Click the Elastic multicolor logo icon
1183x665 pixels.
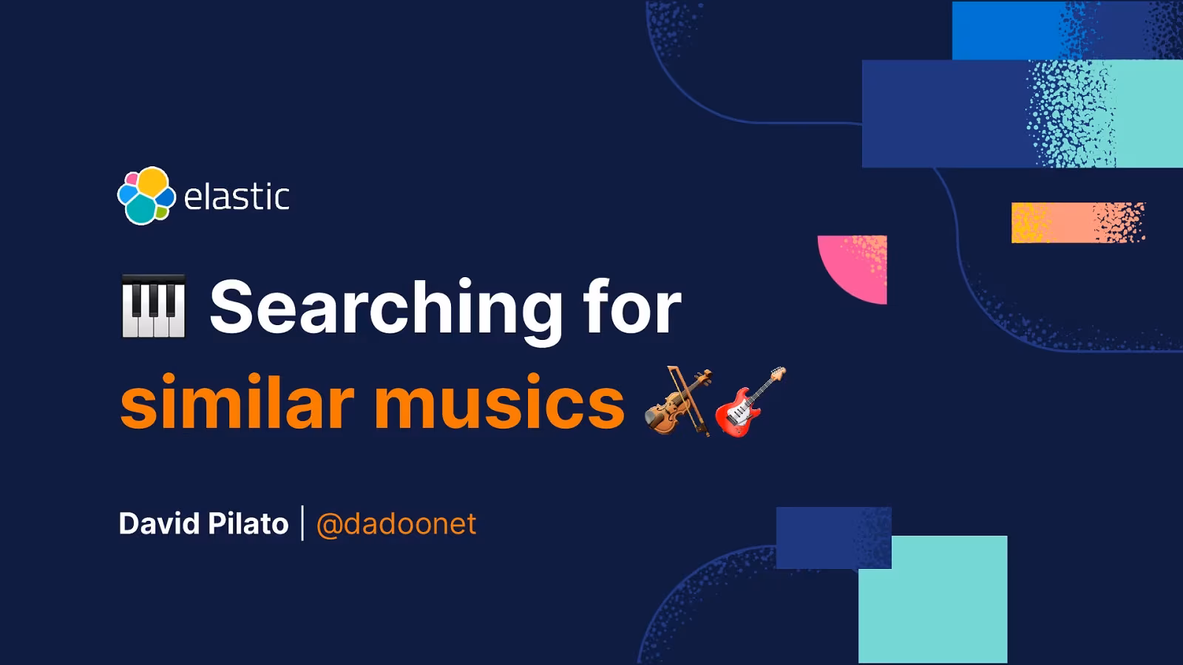point(146,196)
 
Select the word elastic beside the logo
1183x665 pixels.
point(237,197)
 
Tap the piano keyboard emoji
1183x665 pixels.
point(153,306)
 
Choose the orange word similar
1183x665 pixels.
point(237,402)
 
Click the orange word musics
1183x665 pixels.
point(500,403)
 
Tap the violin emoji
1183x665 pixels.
point(678,401)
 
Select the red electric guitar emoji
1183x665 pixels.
point(749,402)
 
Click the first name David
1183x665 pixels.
point(159,524)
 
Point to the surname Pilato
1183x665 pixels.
point(248,524)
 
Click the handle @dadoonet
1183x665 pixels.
point(396,525)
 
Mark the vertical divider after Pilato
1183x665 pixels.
point(302,523)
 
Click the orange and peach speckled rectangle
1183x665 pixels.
point(1077,222)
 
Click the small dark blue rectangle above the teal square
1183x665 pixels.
point(821,537)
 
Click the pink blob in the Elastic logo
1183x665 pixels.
point(131,179)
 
